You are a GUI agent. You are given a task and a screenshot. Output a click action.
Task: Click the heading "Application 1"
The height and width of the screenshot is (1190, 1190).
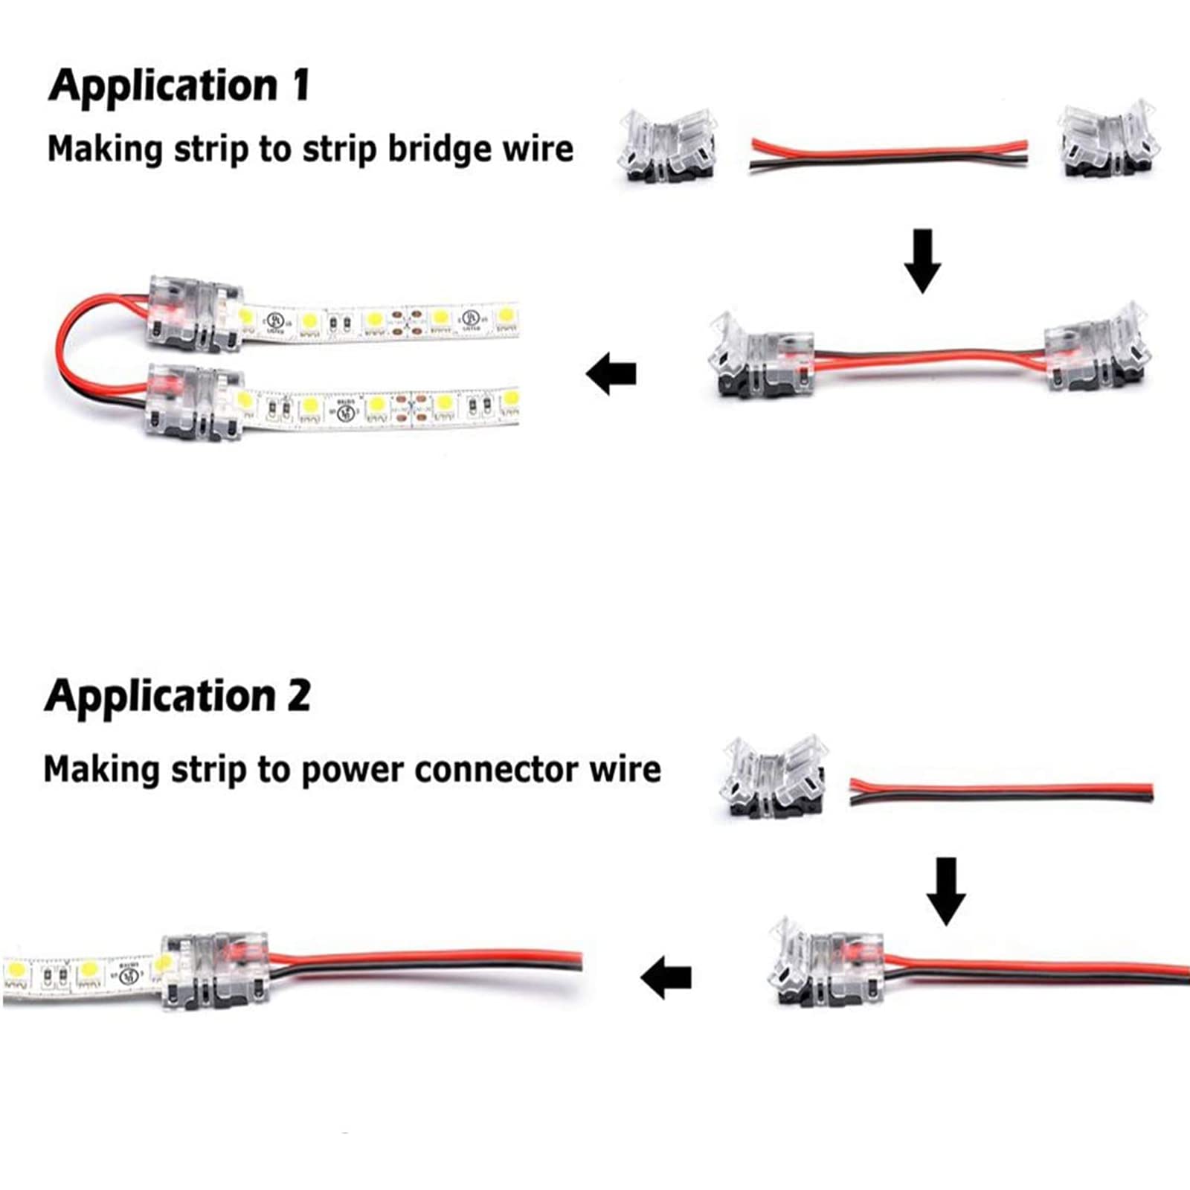coord(178,86)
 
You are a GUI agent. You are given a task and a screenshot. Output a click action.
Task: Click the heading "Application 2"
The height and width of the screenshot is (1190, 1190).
coord(177,696)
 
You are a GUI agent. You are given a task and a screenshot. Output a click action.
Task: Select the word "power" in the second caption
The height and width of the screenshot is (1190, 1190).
coord(353,769)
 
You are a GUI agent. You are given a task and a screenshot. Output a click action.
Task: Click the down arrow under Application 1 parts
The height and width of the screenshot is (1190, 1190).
coord(922,260)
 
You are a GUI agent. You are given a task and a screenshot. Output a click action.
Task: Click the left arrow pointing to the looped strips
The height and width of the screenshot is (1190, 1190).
coord(611,373)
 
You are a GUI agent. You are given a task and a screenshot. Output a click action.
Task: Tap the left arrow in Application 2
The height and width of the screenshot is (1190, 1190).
coord(666,977)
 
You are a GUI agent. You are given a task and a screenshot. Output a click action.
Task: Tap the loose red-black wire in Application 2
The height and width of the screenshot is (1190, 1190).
coord(1001,791)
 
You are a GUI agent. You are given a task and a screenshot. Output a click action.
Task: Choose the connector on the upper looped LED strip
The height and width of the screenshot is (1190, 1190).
coord(194,313)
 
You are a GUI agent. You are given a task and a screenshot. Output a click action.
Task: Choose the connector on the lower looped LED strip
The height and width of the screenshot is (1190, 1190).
coord(193,402)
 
